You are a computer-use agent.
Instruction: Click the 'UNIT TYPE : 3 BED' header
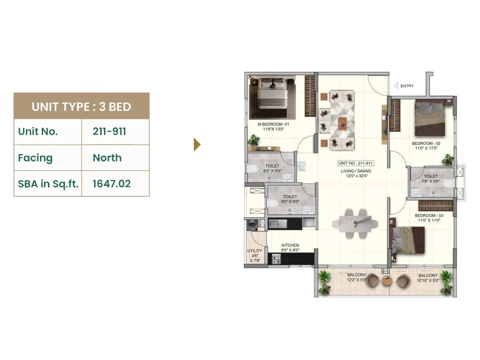click(x=81, y=106)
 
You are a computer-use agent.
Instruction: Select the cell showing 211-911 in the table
click(x=109, y=131)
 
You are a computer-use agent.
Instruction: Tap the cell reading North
click(x=107, y=158)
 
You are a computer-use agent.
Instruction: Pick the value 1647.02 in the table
click(x=112, y=184)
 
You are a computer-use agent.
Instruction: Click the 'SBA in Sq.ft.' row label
click(x=48, y=184)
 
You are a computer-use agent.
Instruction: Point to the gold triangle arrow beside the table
click(x=197, y=145)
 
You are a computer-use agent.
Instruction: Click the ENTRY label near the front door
click(x=407, y=86)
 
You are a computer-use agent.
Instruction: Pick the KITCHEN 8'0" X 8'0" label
click(x=290, y=247)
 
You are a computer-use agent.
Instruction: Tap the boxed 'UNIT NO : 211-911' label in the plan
click(x=356, y=163)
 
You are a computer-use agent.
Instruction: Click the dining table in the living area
click(x=355, y=224)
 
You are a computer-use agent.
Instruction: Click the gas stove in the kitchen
click(x=276, y=259)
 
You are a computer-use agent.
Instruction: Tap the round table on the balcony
click(x=387, y=281)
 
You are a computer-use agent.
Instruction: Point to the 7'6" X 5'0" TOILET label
click(x=431, y=179)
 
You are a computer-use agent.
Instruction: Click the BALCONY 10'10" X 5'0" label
click(x=428, y=278)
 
